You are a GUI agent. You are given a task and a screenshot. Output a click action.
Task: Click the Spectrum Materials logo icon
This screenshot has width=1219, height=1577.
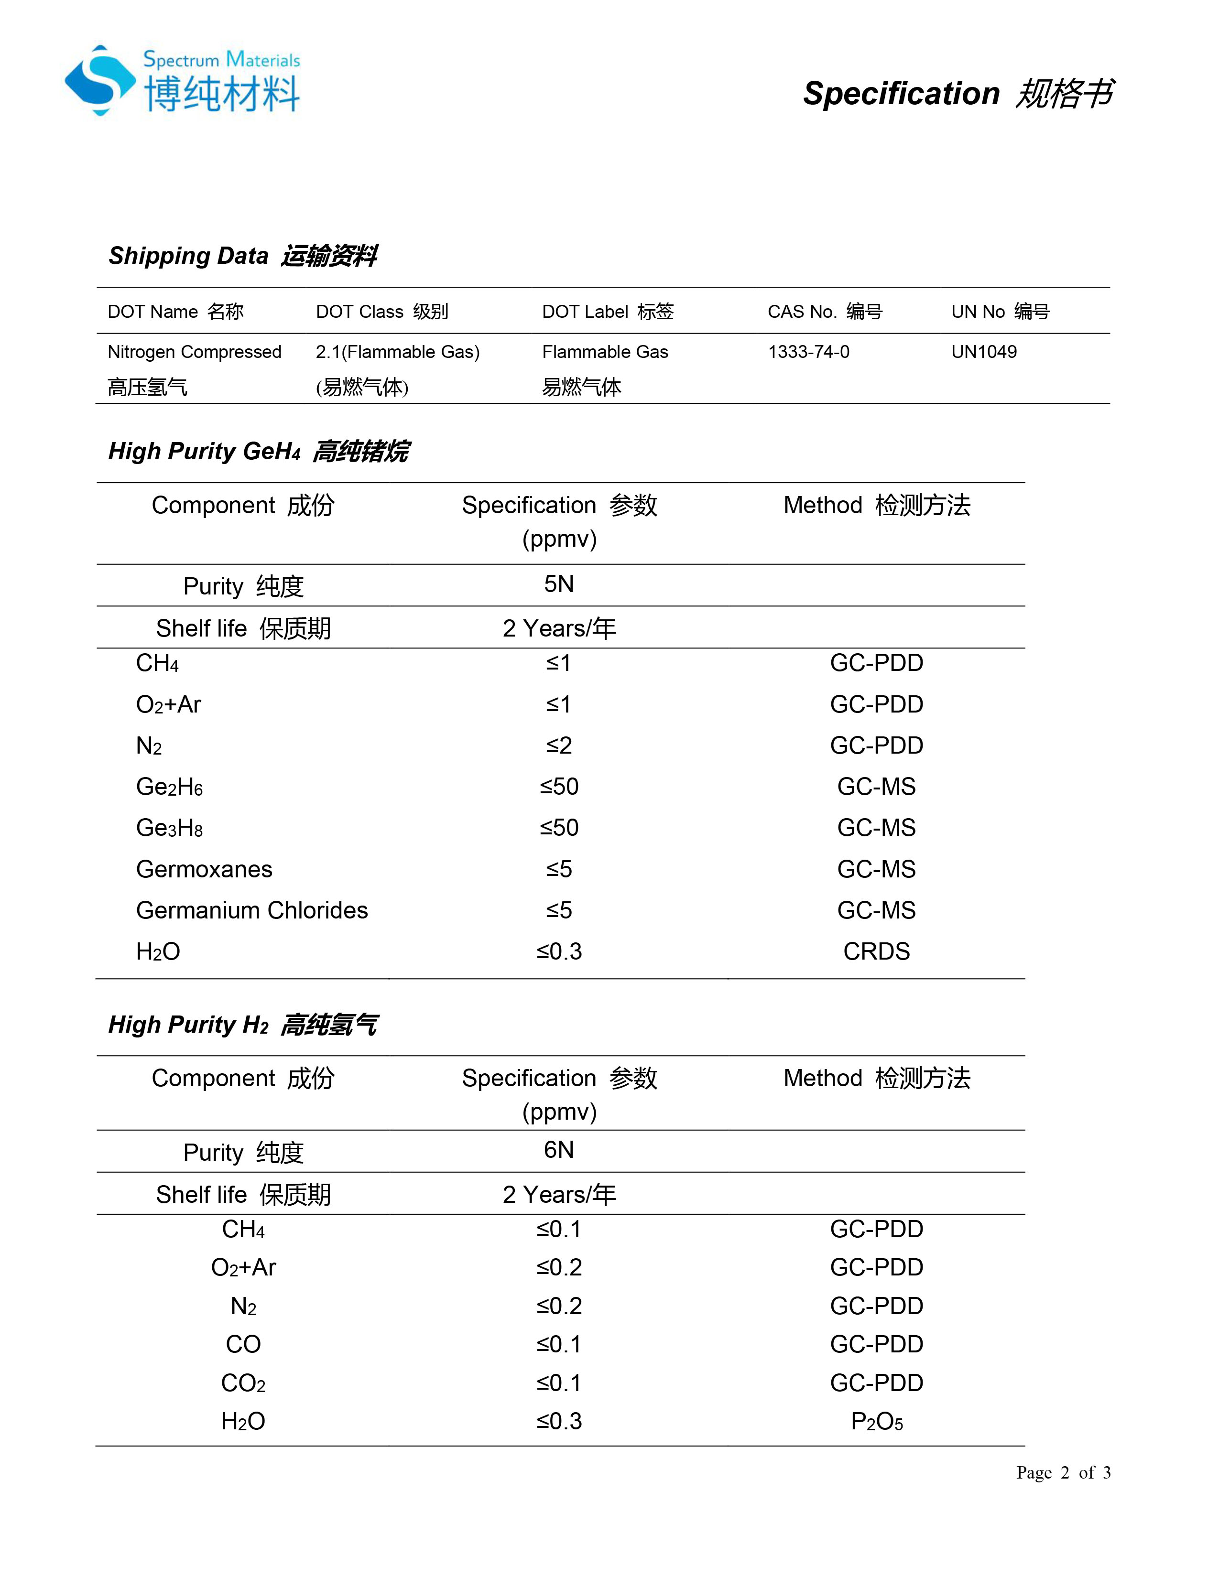click(x=99, y=81)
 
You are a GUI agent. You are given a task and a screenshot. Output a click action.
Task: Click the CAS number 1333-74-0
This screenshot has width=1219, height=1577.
click(x=808, y=352)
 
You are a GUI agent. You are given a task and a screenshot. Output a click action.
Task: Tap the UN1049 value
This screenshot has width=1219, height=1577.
click(x=984, y=352)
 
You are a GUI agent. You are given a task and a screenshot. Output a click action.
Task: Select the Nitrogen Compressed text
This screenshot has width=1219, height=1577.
click(x=194, y=352)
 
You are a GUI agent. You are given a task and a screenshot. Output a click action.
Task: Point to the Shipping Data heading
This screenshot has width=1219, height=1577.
click(x=243, y=256)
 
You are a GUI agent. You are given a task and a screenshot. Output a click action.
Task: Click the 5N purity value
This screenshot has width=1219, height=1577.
click(x=558, y=584)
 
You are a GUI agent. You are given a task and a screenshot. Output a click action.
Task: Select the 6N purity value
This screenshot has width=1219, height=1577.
click(x=558, y=1149)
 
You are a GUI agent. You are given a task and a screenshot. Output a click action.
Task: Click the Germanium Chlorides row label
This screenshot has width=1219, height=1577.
click(x=252, y=910)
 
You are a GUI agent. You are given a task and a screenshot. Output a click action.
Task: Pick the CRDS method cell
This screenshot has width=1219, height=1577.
click(x=876, y=951)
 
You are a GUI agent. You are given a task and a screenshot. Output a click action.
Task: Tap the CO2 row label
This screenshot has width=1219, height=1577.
click(x=243, y=1383)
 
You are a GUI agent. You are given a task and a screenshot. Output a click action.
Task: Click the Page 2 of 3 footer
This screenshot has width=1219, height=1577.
click(x=1063, y=1472)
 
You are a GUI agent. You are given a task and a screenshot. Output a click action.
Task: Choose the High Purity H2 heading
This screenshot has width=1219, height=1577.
click(x=243, y=1025)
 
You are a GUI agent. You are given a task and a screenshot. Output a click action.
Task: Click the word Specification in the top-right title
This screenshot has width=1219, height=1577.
click(x=901, y=94)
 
